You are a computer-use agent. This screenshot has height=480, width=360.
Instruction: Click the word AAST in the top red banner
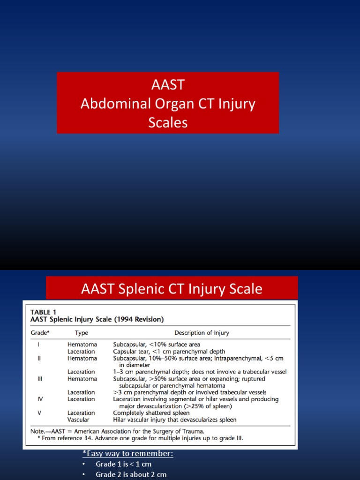click(x=168, y=85)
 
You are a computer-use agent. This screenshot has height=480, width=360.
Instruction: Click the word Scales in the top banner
click(x=168, y=122)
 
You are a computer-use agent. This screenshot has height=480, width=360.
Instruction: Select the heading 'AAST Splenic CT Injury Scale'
click(x=172, y=289)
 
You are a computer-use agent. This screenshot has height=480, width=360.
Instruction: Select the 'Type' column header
click(x=82, y=333)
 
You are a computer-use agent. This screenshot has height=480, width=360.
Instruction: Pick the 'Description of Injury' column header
click(x=202, y=333)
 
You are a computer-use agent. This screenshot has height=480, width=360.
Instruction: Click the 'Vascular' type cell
click(x=78, y=420)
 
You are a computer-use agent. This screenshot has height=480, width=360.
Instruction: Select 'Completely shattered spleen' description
click(x=151, y=413)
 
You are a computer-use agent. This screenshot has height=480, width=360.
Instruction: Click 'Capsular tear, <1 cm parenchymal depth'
click(x=169, y=352)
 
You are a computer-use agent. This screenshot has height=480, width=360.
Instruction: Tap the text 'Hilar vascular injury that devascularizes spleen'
click(x=175, y=420)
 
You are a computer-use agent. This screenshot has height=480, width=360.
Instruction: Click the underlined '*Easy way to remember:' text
click(x=127, y=453)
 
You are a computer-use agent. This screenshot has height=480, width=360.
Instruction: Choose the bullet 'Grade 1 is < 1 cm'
click(x=124, y=464)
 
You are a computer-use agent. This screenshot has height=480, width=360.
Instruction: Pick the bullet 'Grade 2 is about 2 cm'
click(x=131, y=474)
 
